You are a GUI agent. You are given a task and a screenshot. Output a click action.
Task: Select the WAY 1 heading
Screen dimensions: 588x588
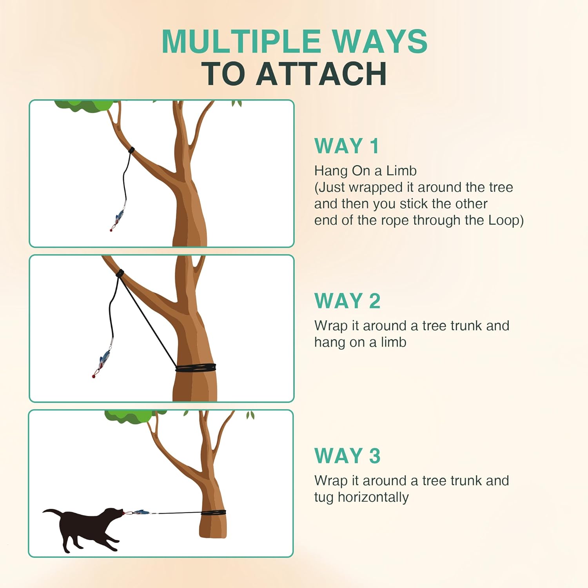[x=347, y=146]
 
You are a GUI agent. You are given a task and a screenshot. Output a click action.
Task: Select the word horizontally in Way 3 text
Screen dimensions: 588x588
[x=373, y=497]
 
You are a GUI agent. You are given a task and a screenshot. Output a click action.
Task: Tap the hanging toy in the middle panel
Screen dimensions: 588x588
[x=103, y=361]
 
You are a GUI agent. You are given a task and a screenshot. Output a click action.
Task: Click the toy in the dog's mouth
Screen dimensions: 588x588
[x=139, y=512]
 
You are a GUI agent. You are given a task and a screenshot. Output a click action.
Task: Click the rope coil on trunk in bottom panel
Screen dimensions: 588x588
[x=214, y=512]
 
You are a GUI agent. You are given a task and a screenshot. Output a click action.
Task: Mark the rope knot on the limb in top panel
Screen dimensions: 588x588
[x=131, y=151]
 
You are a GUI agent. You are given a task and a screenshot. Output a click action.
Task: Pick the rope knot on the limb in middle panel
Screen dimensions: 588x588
[x=120, y=273]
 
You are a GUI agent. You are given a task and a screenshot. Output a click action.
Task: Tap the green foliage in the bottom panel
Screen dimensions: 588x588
[x=129, y=416]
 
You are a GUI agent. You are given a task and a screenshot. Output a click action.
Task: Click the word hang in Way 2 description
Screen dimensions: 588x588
[x=326, y=342]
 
